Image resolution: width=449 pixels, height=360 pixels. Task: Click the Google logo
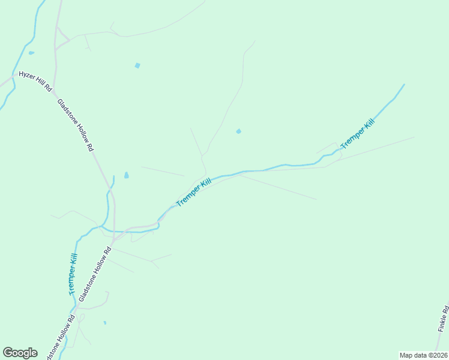(20, 353)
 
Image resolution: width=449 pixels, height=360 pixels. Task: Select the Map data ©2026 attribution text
(423, 355)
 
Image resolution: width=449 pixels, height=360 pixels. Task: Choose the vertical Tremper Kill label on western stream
(72, 275)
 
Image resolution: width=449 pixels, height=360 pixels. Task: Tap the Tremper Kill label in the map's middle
(194, 193)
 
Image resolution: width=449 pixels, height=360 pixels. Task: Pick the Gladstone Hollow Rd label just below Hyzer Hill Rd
(76, 125)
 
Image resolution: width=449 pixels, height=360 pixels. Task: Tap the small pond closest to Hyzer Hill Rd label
(31, 53)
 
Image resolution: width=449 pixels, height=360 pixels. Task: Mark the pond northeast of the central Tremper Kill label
(239, 131)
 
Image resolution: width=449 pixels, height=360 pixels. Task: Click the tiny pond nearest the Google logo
(104, 323)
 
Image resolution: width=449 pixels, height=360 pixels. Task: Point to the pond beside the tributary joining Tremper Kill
(126, 175)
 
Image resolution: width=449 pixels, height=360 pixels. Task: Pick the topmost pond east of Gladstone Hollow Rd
(137, 65)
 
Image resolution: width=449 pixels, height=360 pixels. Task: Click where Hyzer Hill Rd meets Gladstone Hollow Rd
(53, 91)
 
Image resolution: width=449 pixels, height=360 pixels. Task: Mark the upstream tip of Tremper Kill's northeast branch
(403, 85)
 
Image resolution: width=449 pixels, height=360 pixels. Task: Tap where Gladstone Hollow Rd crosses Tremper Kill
(113, 231)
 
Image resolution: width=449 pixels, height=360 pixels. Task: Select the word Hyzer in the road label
(27, 76)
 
